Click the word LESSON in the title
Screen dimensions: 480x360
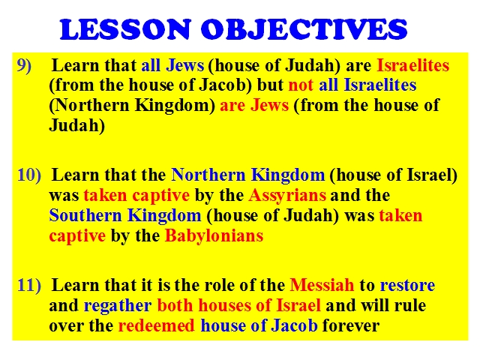[125, 29]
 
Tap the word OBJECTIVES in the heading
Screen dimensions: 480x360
[304, 29]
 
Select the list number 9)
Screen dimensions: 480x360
[24, 65]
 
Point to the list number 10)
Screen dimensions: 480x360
[29, 175]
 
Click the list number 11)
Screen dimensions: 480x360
[29, 285]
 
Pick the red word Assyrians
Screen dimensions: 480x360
[287, 196]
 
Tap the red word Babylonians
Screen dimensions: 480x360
[214, 235]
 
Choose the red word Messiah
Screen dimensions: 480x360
[322, 285]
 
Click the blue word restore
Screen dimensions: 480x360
[407, 286]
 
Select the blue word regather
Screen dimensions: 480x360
[118, 306]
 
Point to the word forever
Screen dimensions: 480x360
[351, 325]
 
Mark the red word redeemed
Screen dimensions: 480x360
[157, 325]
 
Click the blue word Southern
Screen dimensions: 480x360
[85, 215]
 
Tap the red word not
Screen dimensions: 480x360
[301, 85]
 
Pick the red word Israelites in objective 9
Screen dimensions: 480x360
[413, 65]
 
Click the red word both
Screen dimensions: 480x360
[175, 305]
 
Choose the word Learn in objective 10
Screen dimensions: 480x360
[76, 175]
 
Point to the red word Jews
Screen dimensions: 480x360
[270, 106]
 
